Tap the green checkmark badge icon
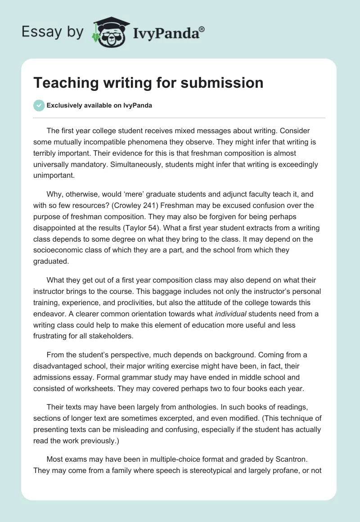39,105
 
